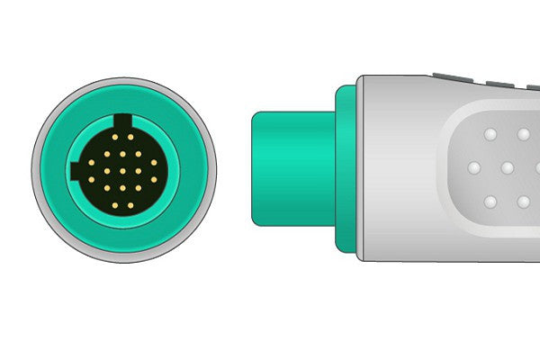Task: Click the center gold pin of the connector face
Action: tap(123, 170)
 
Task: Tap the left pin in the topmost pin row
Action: tap(116, 138)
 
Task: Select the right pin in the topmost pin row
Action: tap(131, 138)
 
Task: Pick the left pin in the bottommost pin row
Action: tap(116, 205)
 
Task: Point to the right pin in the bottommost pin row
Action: tap(131, 205)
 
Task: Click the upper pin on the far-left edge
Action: tap(92, 163)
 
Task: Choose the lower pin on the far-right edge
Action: tap(155, 180)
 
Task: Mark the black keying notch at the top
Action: tap(123, 119)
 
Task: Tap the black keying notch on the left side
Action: tap(74, 171)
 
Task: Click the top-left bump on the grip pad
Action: tap(490, 134)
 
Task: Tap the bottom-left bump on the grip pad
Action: tap(490, 201)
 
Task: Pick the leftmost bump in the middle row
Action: tap(472, 168)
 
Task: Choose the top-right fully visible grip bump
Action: tap(524, 134)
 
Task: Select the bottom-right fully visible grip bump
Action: tap(524, 201)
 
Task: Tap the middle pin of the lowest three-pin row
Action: tap(123, 188)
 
